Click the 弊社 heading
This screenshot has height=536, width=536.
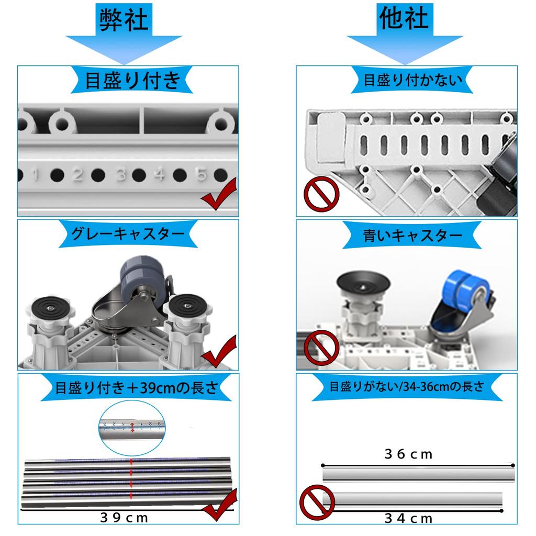124,20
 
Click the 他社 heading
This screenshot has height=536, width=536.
404,18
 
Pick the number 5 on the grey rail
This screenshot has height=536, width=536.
201,174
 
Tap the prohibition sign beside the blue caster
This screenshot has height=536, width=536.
321,345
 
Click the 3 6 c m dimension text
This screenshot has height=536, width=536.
409,454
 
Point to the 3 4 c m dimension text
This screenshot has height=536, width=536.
409,518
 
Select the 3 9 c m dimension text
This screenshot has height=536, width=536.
125,518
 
